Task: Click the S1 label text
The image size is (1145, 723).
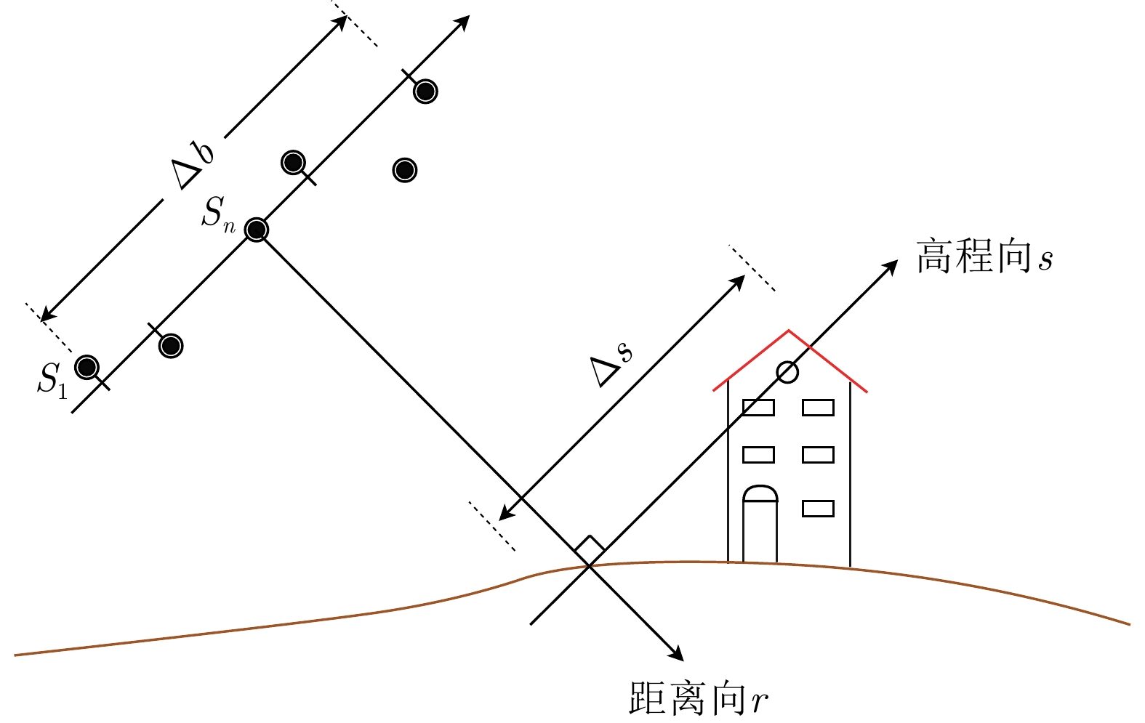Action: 52,379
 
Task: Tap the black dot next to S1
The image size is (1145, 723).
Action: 87,367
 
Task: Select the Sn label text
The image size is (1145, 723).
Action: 218,214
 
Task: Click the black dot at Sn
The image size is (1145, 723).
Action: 256,230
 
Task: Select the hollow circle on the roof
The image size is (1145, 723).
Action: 787,372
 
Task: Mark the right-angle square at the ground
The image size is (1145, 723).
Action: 590,550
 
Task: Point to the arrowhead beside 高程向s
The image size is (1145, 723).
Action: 891,268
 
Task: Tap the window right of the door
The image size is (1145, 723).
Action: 818,508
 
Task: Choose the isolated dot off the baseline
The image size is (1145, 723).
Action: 404,170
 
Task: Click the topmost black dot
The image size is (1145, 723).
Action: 425,92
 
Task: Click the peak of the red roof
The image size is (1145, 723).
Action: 789,331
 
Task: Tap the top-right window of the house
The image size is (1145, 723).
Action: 818,407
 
